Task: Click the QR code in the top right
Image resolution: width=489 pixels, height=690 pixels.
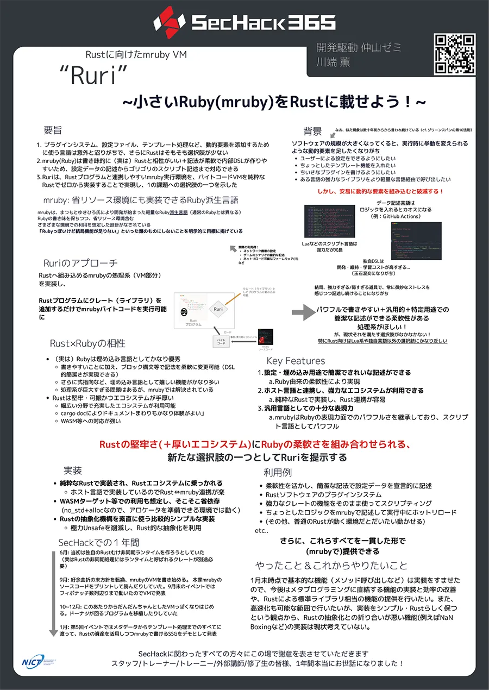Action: [x=454, y=54]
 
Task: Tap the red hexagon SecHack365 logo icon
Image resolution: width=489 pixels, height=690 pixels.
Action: [x=166, y=22]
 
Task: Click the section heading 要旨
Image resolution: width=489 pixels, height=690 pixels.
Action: [x=53, y=130]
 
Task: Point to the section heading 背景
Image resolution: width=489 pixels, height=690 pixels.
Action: [x=312, y=131]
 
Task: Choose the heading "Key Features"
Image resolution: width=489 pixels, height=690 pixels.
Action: [x=296, y=361]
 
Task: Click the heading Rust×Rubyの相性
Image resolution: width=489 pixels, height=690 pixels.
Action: [x=87, y=343]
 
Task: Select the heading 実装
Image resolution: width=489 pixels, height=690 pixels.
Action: [x=73, y=470]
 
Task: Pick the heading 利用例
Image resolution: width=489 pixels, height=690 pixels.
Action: [x=278, y=472]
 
